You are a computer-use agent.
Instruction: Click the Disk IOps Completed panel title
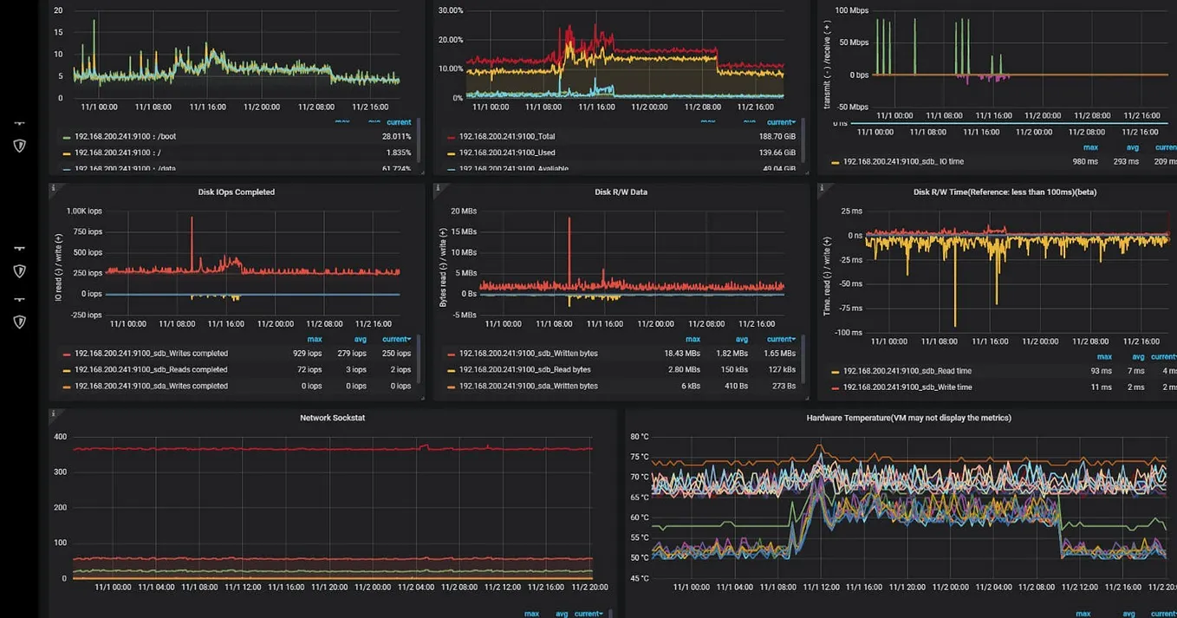[x=236, y=192]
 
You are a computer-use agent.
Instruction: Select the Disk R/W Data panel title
[x=621, y=192]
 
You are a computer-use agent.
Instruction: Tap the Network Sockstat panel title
[x=332, y=418]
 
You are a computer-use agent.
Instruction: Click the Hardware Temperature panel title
[x=908, y=418]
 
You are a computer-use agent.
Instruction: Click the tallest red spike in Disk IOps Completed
[x=192, y=219]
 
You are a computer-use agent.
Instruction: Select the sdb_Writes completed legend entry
[x=151, y=354]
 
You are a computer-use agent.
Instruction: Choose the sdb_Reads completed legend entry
[x=151, y=370]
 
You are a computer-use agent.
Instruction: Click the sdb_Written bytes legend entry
[x=528, y=354]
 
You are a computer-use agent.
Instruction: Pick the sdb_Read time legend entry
[x=907, y=371]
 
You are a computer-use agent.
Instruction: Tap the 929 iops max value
[x=307, y=354]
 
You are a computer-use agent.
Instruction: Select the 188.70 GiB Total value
[x=777, y=137]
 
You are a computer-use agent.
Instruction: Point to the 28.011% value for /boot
[x=396, y=137]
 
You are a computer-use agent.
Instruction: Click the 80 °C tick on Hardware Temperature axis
[x=640, y=437]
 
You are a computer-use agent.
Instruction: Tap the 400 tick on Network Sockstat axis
[x=60, y=437]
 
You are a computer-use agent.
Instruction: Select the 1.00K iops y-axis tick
[x=84, y=211]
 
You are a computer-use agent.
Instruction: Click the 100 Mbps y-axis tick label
[x=851, y=11]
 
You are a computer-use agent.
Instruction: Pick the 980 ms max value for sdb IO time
[x=1084, y=162]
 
